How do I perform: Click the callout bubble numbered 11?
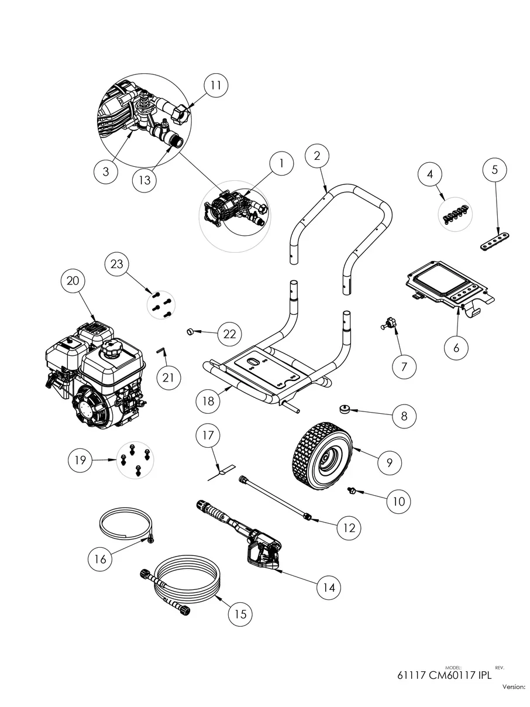click(x=216, y=85)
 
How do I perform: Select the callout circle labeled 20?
click(x=73, y=281)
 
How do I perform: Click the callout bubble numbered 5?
click(x=494, y=170)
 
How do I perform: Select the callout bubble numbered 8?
click(x=404, y=416)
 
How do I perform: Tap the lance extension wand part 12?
click(x=275, y=497)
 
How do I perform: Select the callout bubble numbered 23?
click(x=117, y=264)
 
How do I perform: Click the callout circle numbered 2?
click(x=317, y=156)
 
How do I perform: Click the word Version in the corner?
click(x=513, y=687)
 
